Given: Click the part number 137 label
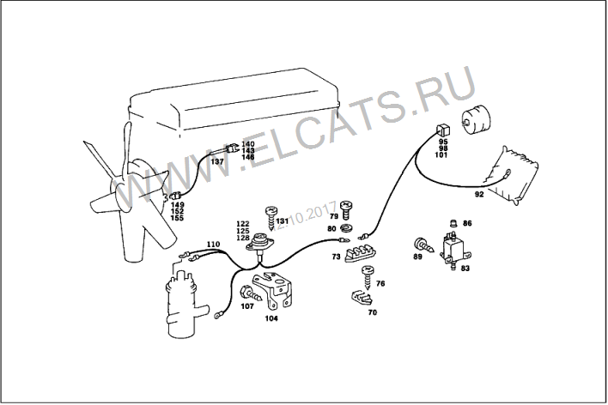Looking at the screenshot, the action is (217, 161).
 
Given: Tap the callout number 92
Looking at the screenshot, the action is (479, 195).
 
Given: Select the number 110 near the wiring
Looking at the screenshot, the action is (213, 245).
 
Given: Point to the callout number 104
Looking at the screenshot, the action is (271, 318).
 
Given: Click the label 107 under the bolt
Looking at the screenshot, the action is (247, 306).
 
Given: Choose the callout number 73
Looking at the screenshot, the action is (336, 257).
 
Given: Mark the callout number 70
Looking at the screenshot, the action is (372, 312).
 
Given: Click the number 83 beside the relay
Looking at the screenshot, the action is (465, 269).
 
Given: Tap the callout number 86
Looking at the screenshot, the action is (467, 223).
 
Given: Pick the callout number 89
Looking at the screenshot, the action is (417, 257).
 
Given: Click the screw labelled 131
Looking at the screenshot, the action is (271, 218).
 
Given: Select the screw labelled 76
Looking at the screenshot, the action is (368, 277).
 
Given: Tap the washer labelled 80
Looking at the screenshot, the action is (345, 228).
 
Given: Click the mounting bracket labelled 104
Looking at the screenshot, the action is (272, 291).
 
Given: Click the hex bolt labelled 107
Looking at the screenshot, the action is (251, 293).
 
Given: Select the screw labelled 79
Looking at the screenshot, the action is (345, 210).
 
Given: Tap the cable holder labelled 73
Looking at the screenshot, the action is (362, 252).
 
